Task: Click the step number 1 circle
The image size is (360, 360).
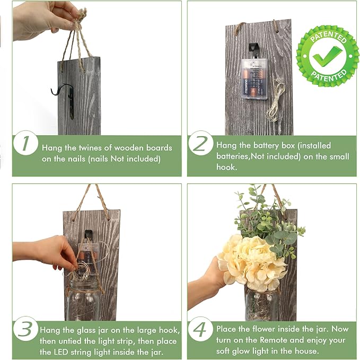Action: click(x=25, y=143)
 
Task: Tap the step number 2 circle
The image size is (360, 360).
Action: click(x=201, y=143)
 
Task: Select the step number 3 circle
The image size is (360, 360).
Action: click(x=25, y=329)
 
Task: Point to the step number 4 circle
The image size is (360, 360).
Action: click(x=201, y=329)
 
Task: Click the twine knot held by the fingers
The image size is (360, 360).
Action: click(x=79, y=20)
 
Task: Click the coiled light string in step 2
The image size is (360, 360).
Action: click(x=275, y=99)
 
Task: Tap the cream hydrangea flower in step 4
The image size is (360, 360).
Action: click(x=251, y=262)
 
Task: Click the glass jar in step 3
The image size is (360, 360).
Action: click(x=84, y=300)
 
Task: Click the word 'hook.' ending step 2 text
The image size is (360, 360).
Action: click(x=226, y=167)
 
